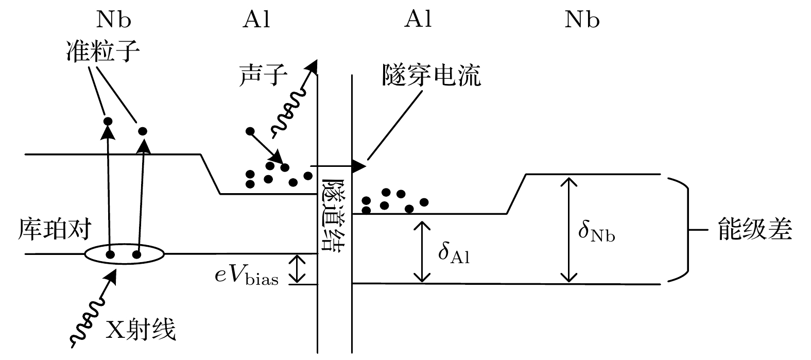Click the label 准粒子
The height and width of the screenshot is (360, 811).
[103, 51]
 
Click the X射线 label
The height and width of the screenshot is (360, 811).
[140, 330]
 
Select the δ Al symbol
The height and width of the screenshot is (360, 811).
[454, 252]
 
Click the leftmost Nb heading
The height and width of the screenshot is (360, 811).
[113, 20]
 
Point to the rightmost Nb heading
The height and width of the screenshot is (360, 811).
[582, 20]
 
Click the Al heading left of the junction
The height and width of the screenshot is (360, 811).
[256, 20]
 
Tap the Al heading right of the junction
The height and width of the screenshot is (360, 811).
[418, 20]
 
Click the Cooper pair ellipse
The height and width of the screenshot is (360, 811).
[124, 254]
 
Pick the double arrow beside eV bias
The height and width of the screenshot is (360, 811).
[297, 269]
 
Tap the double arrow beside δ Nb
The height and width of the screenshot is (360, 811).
[568, 230]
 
